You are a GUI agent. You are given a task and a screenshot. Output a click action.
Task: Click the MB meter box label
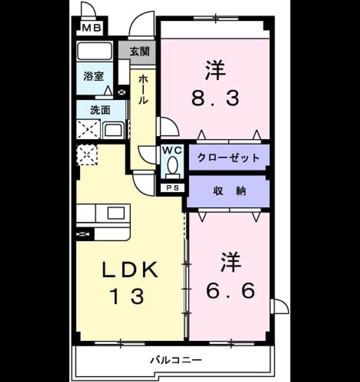pos(91,28)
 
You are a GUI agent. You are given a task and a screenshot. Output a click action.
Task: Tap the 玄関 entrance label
pos(139,51)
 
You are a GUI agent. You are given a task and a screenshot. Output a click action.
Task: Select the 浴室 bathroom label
pos(93,76)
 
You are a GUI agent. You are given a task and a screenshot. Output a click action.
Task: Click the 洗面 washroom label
pos(100,110)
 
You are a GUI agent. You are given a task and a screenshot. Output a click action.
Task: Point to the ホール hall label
pos(143,90)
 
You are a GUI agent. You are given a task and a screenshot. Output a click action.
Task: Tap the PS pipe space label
pos(173,188)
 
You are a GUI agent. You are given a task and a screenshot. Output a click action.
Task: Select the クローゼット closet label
pos(229,158)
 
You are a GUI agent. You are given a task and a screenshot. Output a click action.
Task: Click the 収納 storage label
pos(230,191)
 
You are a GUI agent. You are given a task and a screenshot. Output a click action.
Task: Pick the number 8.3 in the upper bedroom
pos(215,98)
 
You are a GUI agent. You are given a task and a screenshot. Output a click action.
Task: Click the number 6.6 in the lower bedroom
pos(230,291)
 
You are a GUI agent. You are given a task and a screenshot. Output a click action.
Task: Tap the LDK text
pos(130,269)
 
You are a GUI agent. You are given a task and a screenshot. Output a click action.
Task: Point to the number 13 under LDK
pos(127,296)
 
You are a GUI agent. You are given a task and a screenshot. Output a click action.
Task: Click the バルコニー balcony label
pos(176,360)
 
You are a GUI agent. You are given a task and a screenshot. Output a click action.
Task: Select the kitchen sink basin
pos(116,212)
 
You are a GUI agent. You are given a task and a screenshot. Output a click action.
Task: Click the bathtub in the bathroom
pos(94,50)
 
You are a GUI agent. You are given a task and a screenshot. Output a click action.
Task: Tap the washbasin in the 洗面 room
pos(113,130)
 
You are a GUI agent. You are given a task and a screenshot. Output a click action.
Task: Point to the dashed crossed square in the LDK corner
pos(87,155)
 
